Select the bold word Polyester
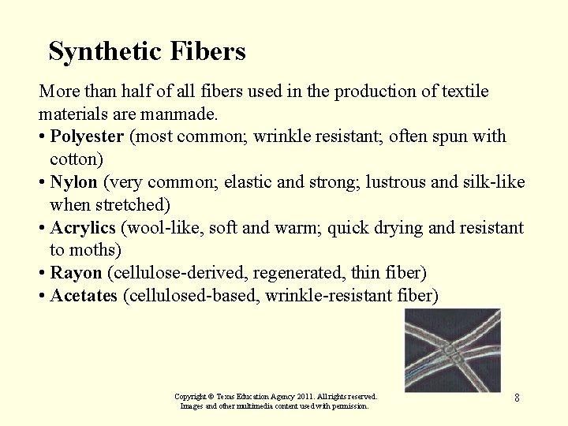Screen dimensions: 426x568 point(87,136)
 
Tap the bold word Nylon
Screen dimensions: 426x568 point(73,182)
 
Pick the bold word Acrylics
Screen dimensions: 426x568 point(83,228)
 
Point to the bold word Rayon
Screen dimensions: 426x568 point(76,273)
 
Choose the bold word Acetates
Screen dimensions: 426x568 point(84,296)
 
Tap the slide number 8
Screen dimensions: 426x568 point(517,398)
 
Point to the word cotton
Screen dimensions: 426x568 point(74,159)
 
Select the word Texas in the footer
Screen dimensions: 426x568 point(226,396)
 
